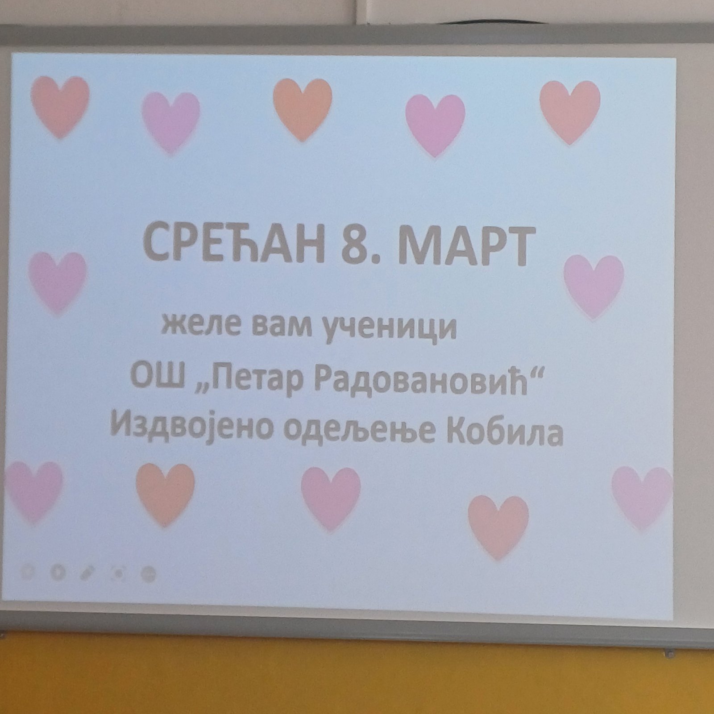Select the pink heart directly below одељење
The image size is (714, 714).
331,498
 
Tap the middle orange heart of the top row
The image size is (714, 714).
303,110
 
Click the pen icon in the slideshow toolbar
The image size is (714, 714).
87,573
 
